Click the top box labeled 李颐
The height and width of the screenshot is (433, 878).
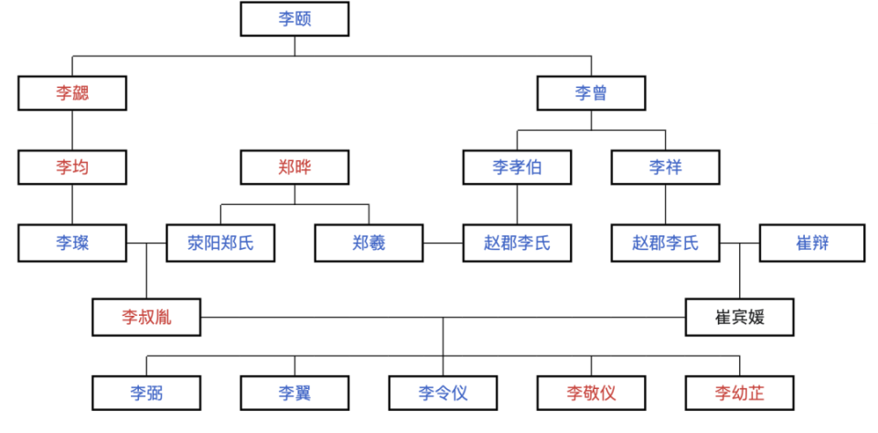(294, 18)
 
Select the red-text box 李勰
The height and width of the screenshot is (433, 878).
(72, 92)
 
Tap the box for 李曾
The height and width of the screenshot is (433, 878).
(591, 92)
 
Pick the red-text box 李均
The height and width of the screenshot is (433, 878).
(72, 168)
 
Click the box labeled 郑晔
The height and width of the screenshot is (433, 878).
(294, 168)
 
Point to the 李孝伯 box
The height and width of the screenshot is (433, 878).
(518, 168)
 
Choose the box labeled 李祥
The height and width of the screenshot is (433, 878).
(665, 168)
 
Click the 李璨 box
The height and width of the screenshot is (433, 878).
(72, 243)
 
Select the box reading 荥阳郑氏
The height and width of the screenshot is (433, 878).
(220, 243)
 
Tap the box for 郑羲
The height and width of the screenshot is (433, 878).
(369, 243)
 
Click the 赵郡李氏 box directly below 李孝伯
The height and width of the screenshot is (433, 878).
(518, 243)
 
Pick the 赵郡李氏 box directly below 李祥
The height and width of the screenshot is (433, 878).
(665, 243)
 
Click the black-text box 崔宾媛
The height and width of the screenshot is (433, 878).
(740, 318)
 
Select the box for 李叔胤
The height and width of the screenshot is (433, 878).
(146, 318)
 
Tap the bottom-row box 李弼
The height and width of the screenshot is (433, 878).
(146, 393)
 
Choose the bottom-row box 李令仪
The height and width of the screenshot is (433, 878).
(444, 393)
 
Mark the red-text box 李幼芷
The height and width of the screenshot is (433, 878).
(740, 393)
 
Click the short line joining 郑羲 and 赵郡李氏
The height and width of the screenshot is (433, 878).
(443, 243)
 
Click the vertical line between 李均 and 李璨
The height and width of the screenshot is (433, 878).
(72, 205)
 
